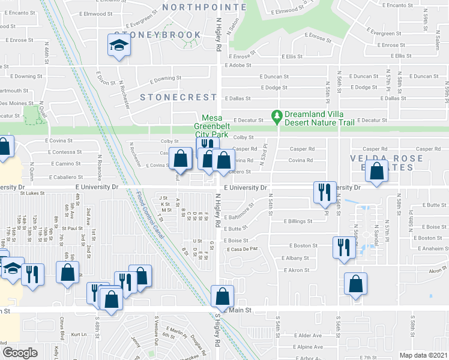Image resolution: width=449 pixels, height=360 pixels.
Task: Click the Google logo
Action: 20,352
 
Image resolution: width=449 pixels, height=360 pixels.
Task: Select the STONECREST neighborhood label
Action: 178,97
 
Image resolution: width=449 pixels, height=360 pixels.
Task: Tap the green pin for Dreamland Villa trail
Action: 277,116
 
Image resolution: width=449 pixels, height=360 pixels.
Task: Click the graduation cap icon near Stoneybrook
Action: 119,45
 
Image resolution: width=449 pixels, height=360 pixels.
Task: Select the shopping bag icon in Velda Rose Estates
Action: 376,172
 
